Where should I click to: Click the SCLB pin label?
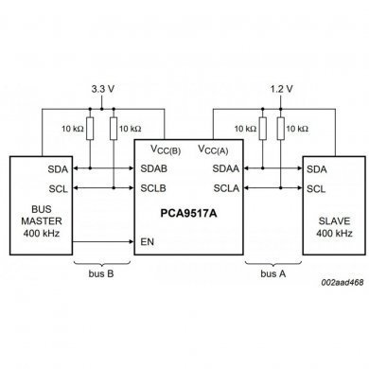154,187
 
